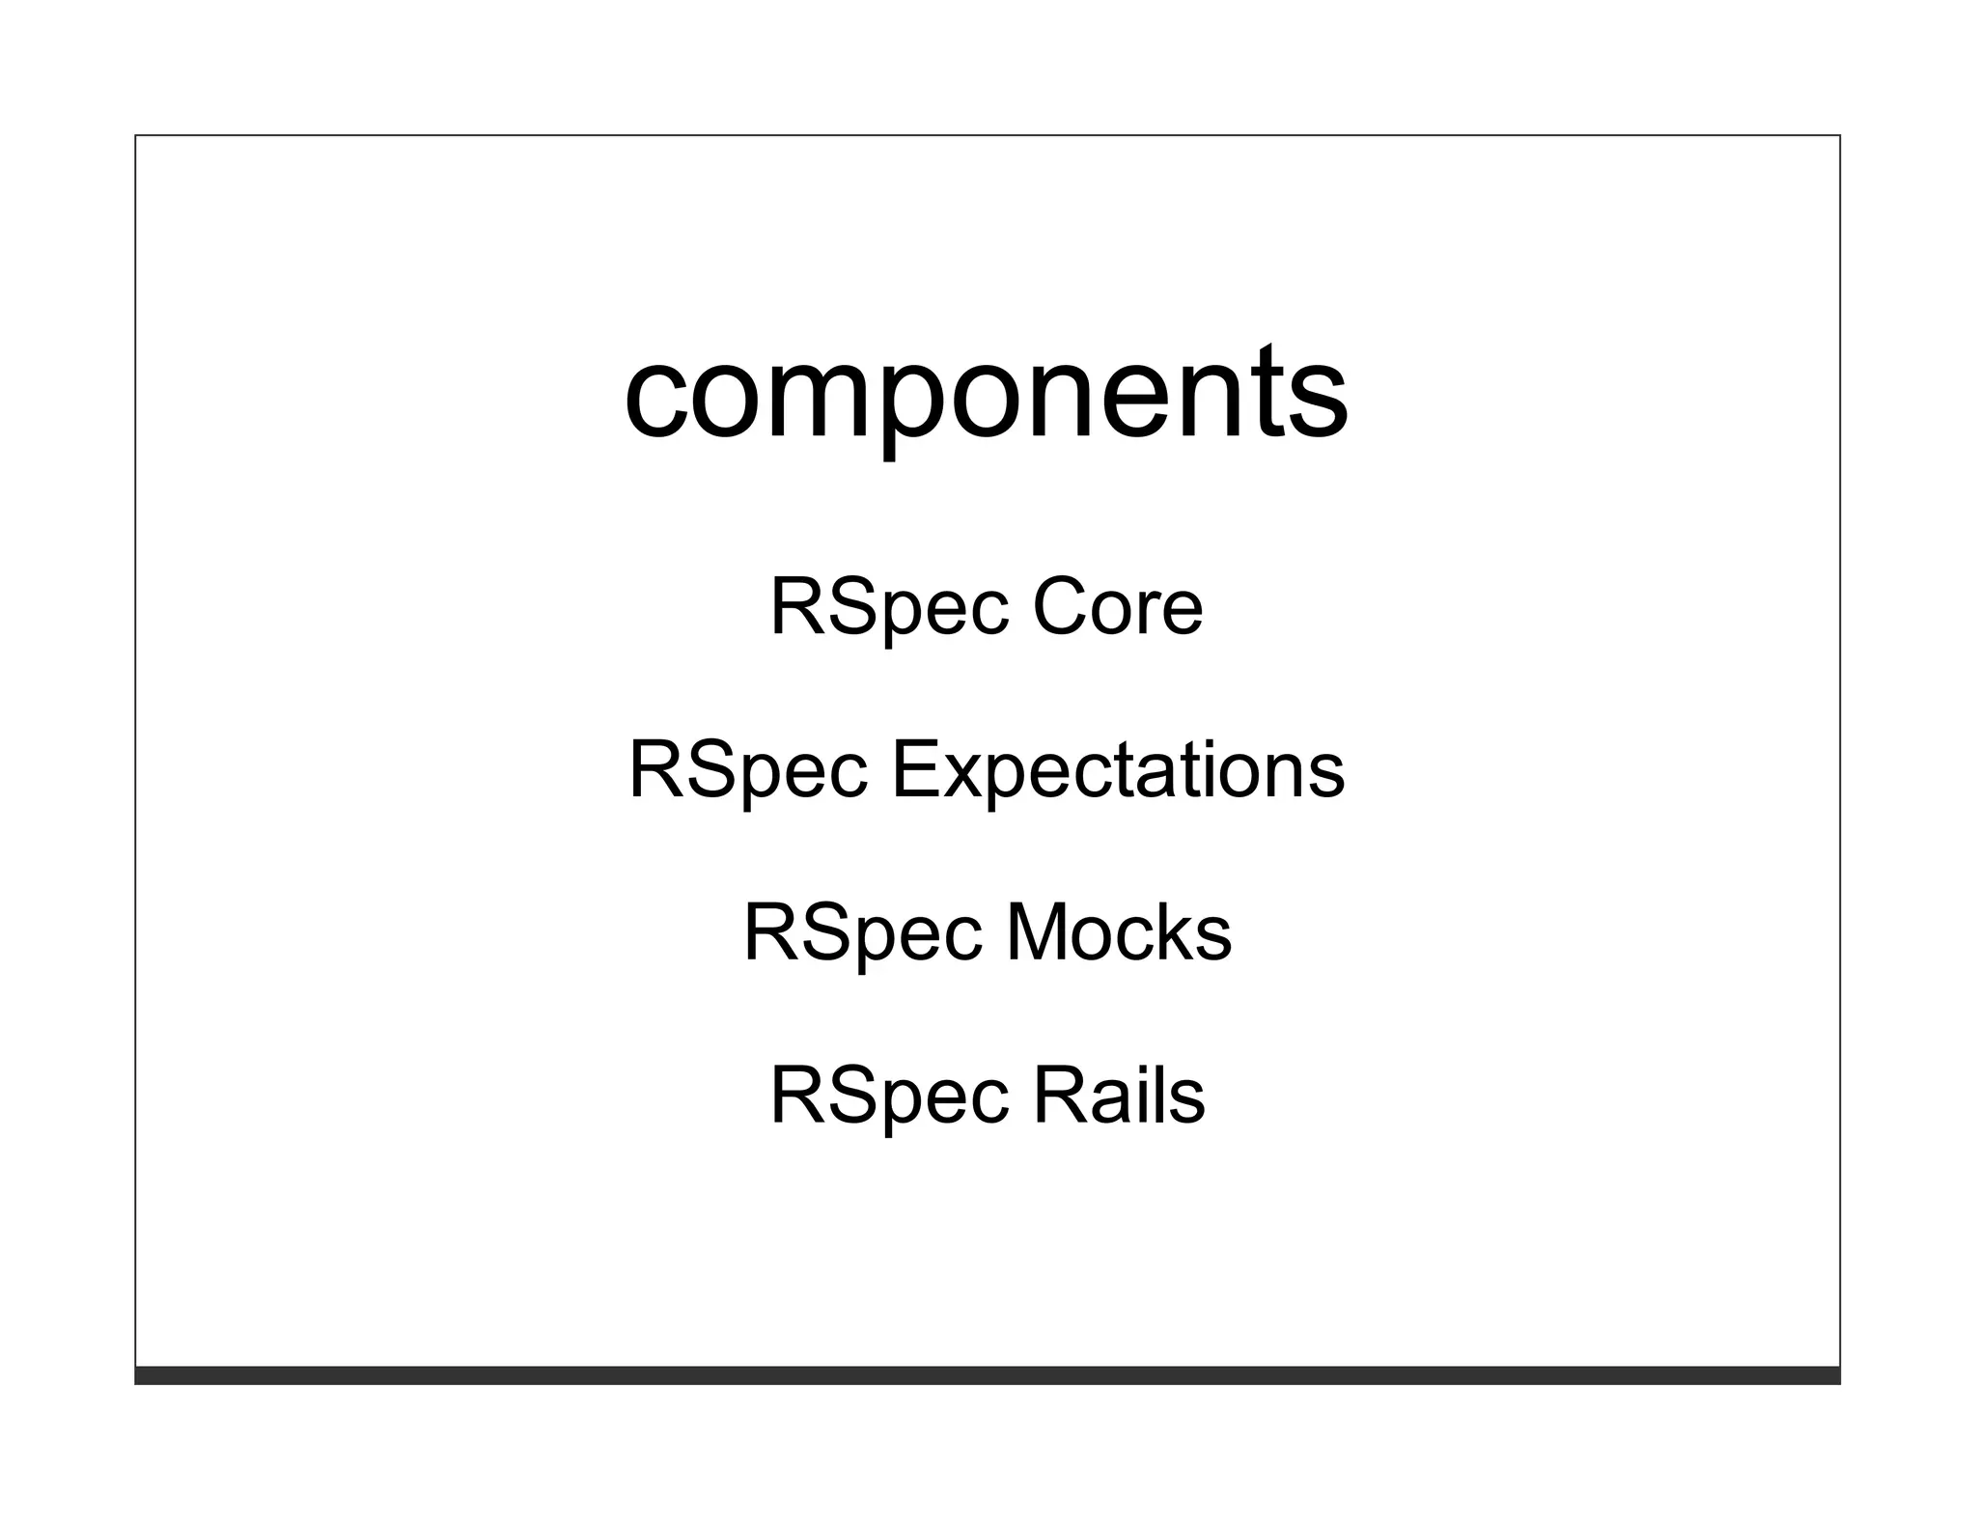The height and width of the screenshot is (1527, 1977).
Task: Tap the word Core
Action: click(1118, 608)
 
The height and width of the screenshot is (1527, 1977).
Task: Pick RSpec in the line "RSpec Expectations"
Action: click(747, 770)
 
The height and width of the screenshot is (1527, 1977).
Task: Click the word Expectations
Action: click(1117, 770)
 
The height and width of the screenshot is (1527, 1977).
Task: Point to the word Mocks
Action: click(1119, 933)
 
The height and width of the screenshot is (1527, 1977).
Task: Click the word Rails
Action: click(1119, 1097)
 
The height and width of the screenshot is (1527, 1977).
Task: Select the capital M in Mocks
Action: click(1042, 933)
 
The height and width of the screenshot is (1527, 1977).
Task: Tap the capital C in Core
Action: click(1062, 608)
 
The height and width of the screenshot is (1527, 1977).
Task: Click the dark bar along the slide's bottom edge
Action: click(987, 1375)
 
